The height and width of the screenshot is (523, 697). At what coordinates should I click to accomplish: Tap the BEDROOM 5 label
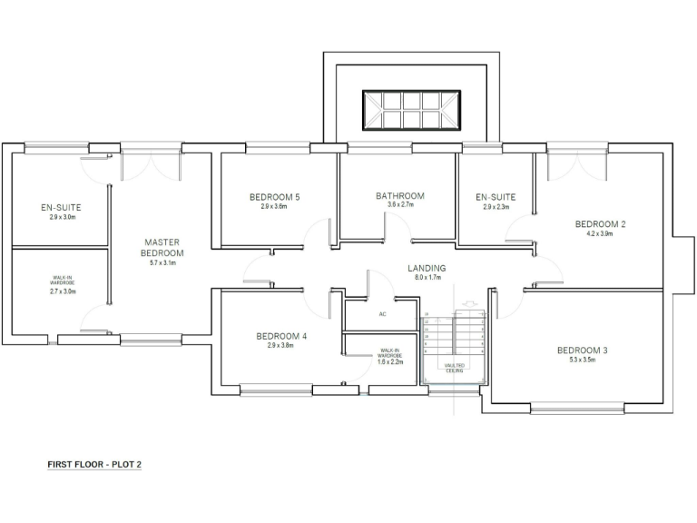tap(274, 197)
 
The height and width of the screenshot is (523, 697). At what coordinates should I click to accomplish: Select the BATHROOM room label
tap(399, 196)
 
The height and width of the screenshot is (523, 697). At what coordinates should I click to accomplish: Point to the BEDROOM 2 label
tap(600, 223)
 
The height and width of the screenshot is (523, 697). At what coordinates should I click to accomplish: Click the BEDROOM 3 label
tap(582, 350)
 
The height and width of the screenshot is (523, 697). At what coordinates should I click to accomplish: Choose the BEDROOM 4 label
tap(280, 336)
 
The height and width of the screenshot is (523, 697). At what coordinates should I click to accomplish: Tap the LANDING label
tap(427, 269)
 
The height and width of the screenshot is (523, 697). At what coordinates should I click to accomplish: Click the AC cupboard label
tap(383, 314)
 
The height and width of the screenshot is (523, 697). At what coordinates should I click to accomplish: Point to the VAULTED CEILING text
tap(455, 368)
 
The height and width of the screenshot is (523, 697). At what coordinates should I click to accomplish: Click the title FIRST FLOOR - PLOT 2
tap(94, 464)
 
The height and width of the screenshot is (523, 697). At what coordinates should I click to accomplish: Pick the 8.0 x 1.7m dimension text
tap(427, 278)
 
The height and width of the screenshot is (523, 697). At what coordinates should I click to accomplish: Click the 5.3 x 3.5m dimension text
tap(582, 360)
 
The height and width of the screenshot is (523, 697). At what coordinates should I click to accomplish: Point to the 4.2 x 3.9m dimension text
tap(600, 233)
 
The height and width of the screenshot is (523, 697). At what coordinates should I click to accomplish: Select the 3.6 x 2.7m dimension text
tap(399, 205)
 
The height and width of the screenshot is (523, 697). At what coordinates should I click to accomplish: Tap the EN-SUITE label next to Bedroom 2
tap(496, 197)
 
